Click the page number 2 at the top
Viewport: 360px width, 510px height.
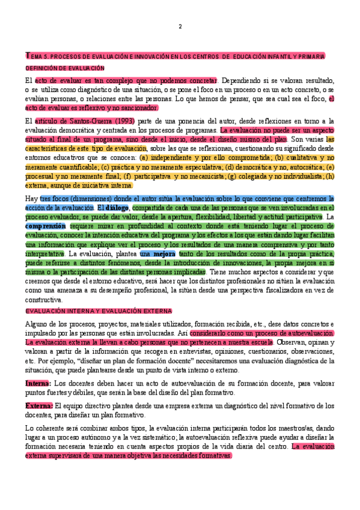(x=180, y=27)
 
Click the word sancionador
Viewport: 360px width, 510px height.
(x=139, y=108)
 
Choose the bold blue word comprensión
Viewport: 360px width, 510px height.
(x=45, y=226)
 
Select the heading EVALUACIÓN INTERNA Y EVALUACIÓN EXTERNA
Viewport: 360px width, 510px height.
(x=89, y=311)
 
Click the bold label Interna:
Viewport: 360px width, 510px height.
(x=37, y=383)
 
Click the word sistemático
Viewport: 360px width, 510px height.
(x=144, y=437)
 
